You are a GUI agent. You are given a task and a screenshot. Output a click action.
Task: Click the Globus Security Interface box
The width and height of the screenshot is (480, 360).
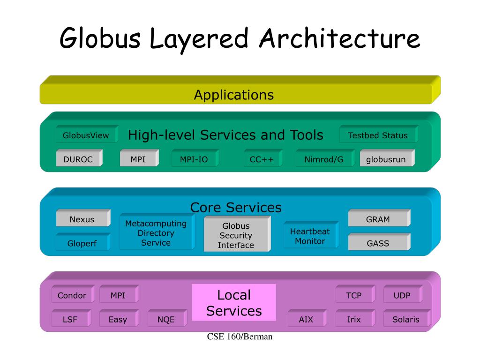coord(237,234)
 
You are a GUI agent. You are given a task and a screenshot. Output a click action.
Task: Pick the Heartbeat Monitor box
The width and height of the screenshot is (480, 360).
coord(311,235)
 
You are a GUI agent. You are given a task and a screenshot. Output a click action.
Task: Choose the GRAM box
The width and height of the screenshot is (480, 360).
coord(379,218)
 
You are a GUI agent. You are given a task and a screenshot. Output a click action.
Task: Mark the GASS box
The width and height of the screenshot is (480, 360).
coord(379,242)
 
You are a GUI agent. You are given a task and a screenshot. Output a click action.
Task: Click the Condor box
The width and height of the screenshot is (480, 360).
coord(73,294)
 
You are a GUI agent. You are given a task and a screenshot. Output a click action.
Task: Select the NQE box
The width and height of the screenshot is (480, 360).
coord(167,318)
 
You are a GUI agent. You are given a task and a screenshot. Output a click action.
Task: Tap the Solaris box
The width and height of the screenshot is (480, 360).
coord(407,318)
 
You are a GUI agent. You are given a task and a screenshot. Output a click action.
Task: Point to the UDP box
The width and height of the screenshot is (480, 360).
coord(403,294)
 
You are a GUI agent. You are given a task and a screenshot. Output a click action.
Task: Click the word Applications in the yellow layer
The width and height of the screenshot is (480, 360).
coord(234,95)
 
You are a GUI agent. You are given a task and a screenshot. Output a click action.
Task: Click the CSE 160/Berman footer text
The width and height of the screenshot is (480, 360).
coord(240,337)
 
